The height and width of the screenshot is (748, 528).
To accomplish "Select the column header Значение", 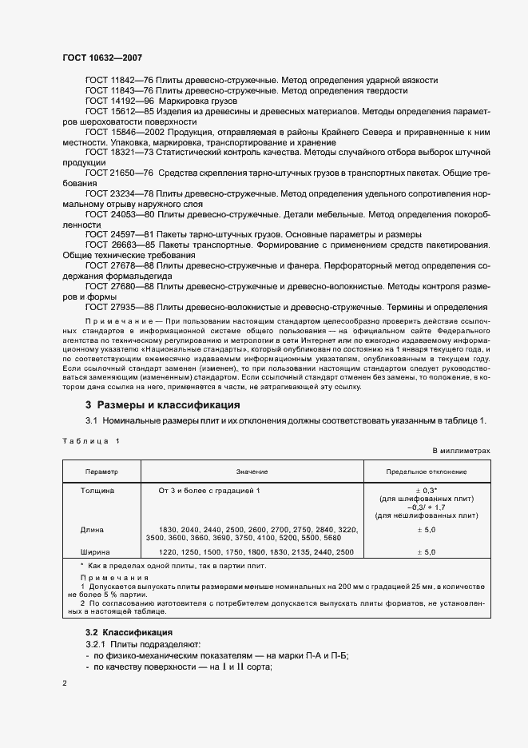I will pos(252,472).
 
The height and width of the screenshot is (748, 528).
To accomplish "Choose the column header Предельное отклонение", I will pos(427,472).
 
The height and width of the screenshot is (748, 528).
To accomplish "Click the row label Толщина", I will pos(98,489).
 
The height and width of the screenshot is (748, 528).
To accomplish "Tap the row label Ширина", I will pos(97,552).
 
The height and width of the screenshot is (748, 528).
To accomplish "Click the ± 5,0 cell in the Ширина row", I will pos(426,552).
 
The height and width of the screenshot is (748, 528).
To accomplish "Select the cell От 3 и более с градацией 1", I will pos(209,489).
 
